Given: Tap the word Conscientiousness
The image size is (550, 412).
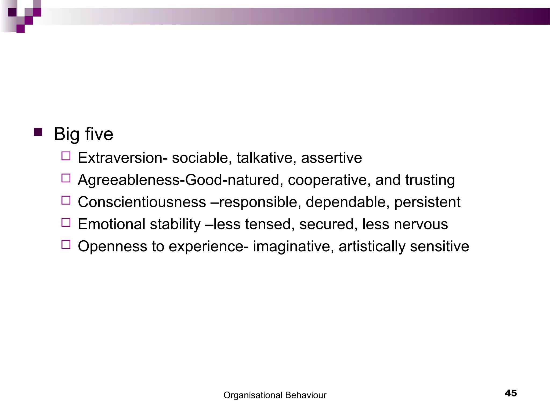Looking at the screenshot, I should click(x=142, y=202).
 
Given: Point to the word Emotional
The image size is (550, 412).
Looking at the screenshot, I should click(x=111, y=224).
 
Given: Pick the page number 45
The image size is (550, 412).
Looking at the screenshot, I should click(x=511, y=393).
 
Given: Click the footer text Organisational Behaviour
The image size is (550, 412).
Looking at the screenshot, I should click(x=275, y=395).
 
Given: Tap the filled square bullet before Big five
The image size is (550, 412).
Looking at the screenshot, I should click(x=38, y=132).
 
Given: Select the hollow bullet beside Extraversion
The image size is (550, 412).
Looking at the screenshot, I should click(x=66, y=156).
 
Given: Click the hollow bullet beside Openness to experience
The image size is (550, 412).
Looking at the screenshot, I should click(x=66, y=245).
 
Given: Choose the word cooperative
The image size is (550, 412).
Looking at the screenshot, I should click(x=327, y=180).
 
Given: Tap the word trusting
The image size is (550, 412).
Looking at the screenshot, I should click(x=430, y=180).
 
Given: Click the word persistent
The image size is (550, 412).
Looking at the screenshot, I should click(x=427, y=202).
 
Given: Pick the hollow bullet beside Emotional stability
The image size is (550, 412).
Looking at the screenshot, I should click(x=66, y=222).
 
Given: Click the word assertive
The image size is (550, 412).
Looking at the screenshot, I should click(x=331, y=158).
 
